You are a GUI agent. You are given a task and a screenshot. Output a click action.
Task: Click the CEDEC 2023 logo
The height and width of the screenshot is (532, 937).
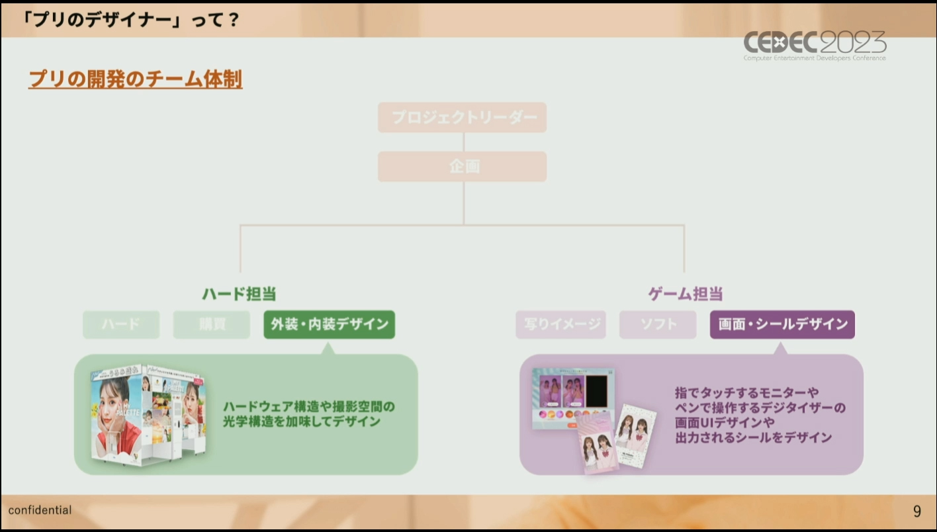(815, 45)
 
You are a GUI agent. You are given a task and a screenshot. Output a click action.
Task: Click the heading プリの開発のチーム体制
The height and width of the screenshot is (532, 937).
(135, 79)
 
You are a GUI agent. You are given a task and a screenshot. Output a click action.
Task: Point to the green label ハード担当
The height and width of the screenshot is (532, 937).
(239, 294)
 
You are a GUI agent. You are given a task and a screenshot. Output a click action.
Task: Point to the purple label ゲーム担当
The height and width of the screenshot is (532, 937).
(685, 294)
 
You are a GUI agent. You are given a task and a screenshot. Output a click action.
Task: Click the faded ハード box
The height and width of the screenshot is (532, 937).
(121, 325)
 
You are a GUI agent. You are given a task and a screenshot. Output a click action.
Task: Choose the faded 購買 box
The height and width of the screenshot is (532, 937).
(212, 325)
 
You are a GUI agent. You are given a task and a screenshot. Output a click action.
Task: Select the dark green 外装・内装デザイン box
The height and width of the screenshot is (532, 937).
(329, 325)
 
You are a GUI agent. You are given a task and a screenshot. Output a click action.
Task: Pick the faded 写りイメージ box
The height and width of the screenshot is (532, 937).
(560, 325)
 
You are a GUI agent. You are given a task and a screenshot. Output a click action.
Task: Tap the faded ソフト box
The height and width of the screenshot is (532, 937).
(658, 325)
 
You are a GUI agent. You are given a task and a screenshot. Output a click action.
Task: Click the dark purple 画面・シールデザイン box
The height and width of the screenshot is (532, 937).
(782, 325)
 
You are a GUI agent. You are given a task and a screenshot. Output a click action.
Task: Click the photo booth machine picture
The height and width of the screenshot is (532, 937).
(148, 414)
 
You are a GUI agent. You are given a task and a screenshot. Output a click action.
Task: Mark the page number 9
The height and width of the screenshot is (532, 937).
(916, 511)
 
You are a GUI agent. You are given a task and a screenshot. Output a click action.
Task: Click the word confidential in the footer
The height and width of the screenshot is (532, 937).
(40, 510)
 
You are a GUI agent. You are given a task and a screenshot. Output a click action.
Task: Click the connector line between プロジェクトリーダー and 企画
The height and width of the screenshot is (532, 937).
(463, 142)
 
